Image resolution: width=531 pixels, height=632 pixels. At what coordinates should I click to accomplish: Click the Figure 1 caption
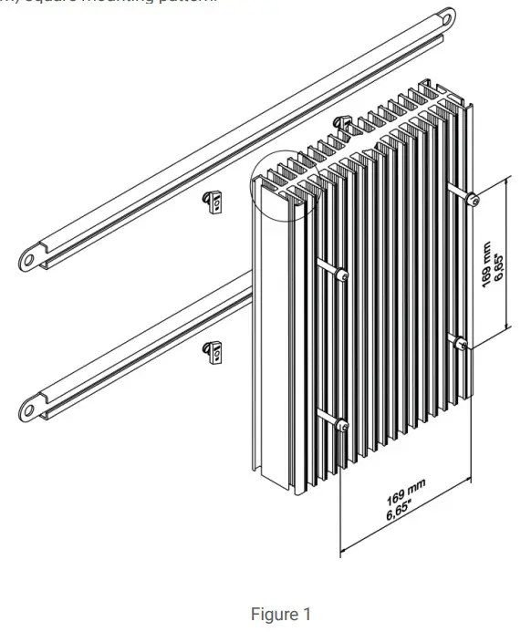click(274, 615)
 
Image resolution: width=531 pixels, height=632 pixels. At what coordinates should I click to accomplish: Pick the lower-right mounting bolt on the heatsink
click(462, 344)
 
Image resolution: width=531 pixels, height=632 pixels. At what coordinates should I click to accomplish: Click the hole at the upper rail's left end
click(29, 259)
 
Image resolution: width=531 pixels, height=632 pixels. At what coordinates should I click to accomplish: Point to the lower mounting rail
click(137, 356)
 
